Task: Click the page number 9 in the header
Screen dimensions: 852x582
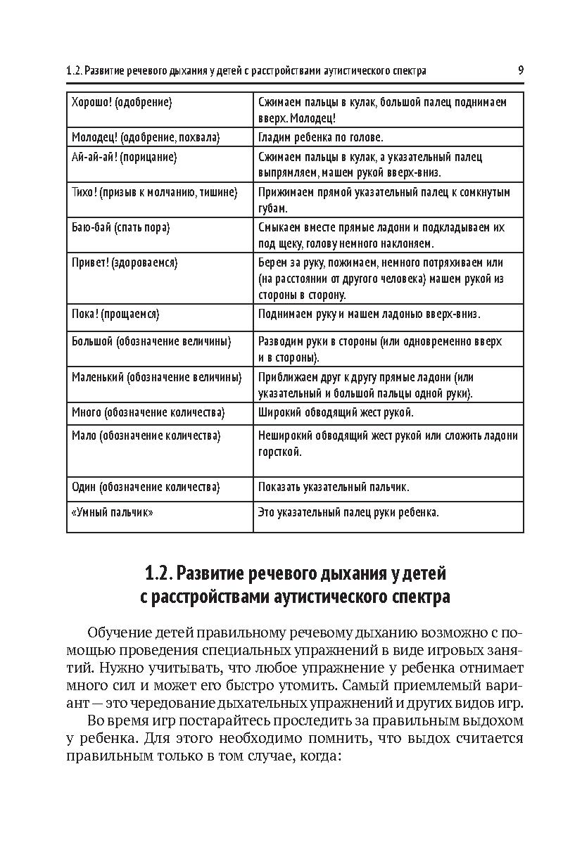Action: (x=520, y=70)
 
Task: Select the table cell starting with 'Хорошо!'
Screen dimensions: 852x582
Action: (x=122, y=103)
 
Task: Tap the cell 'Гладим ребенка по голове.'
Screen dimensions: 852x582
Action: (x=320, y=137)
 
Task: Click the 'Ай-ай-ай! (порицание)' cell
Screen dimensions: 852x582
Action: (x=124, y=158)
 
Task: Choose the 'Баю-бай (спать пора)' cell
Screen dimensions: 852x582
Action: (x=121, y=228)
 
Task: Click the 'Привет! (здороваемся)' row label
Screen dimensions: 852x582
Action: (x=125, y=262)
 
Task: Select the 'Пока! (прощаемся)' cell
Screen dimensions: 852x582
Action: (x=116, y=314)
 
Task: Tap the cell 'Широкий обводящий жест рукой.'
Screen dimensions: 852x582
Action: (x=336, y=412)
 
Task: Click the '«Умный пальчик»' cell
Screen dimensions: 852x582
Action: (x=113, y=512)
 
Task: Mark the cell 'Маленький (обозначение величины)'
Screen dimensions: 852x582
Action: (x=157, y=376)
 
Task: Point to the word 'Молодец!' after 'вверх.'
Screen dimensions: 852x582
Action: (x=314, y=118)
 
